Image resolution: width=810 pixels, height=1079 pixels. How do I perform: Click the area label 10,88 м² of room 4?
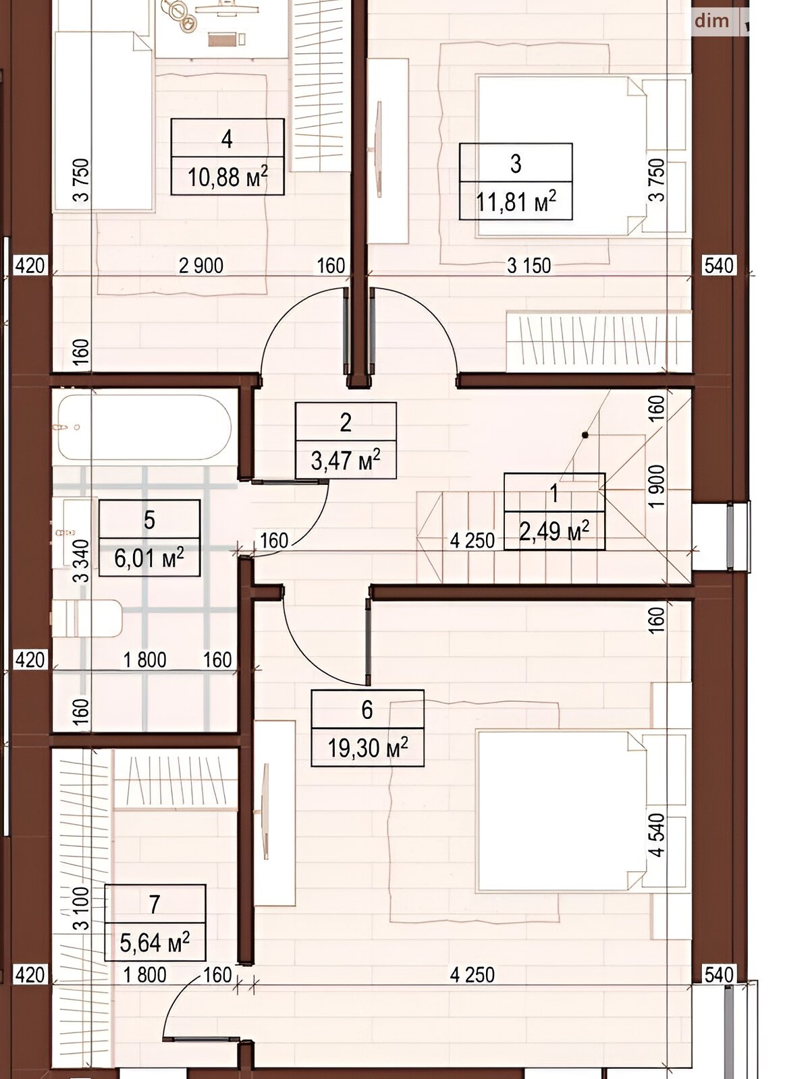click(x=227, y=177)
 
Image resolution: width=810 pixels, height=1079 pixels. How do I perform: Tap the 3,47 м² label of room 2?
click(x=346, y=461)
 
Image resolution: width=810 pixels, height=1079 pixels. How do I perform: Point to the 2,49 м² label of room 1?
click(x=554, y=531)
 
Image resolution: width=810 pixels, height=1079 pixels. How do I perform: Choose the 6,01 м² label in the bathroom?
click(x=149, y=558)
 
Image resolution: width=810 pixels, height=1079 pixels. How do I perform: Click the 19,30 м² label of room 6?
click(x=368, y=748)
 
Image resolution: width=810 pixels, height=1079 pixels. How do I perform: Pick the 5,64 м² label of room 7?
click(x=155, y=943)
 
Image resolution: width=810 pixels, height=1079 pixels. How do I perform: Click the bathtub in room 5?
click(x=144, y=427)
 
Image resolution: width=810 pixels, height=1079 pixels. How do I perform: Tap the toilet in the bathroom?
click(x=86, y=618)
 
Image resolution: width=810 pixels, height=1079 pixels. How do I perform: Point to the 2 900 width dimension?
click(x=201, y=266)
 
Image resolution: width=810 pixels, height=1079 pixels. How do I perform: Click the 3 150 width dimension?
click(x=529, y=266)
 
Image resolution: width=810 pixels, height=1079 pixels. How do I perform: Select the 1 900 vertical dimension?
click(x=657, y=486)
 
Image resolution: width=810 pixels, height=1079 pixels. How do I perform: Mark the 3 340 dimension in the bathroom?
click(x=82, y=561)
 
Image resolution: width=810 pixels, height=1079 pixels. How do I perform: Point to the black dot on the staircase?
click(x=585, y=435)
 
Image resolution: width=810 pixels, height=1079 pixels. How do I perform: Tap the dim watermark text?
click(x=711, y=21)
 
